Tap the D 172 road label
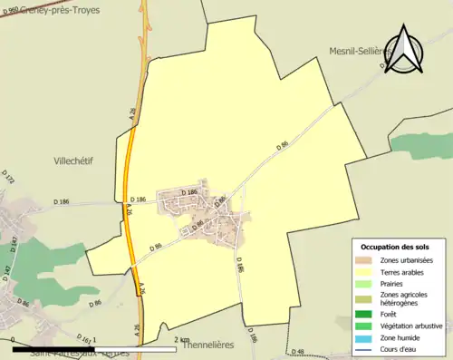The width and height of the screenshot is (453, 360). [10, 178]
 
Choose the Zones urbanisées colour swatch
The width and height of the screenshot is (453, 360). [364, 261]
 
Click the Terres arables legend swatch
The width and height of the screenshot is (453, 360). [364, 271]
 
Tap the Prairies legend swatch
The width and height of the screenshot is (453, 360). [364, 283]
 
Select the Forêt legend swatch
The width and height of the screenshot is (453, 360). [364, 314]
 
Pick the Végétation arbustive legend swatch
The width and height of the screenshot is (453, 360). [364, 326]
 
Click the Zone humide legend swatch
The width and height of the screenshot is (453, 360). [364, 337]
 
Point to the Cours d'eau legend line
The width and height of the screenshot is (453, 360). [364, 348]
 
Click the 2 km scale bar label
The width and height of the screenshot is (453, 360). [181, 340]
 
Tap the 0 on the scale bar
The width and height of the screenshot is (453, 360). [14, 340]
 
